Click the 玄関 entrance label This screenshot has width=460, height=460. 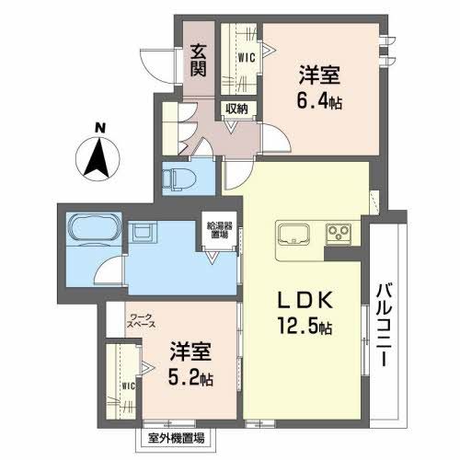pyautogui.click(x=199, y=60)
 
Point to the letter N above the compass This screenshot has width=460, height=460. pyautogui.click(x=99, y=129)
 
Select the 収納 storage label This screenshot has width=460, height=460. pyautogui.click(x=237, y=109)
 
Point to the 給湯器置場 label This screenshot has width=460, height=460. pyautogui.click(x=217, y=230)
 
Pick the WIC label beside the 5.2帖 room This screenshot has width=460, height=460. pyautogui.click(x=128, y=386)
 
